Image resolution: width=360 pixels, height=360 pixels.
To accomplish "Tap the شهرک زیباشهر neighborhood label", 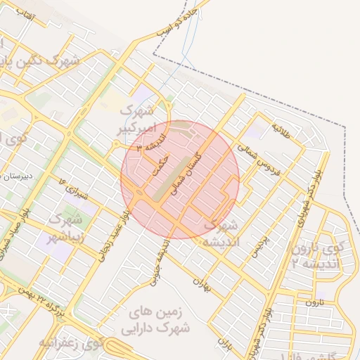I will (67, 229).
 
